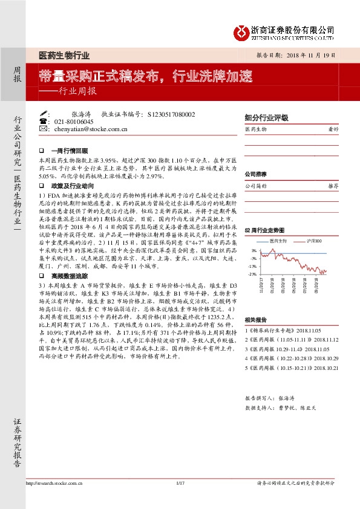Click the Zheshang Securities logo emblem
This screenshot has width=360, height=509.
point(241,31)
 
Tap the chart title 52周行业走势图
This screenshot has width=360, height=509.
point(264,231)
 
